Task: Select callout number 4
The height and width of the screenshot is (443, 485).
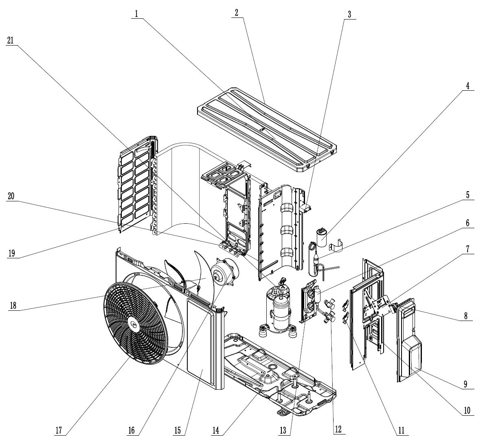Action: point(467,86)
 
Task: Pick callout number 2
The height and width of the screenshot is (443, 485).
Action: point(236,12)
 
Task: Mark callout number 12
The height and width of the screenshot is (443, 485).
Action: point(338,429)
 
